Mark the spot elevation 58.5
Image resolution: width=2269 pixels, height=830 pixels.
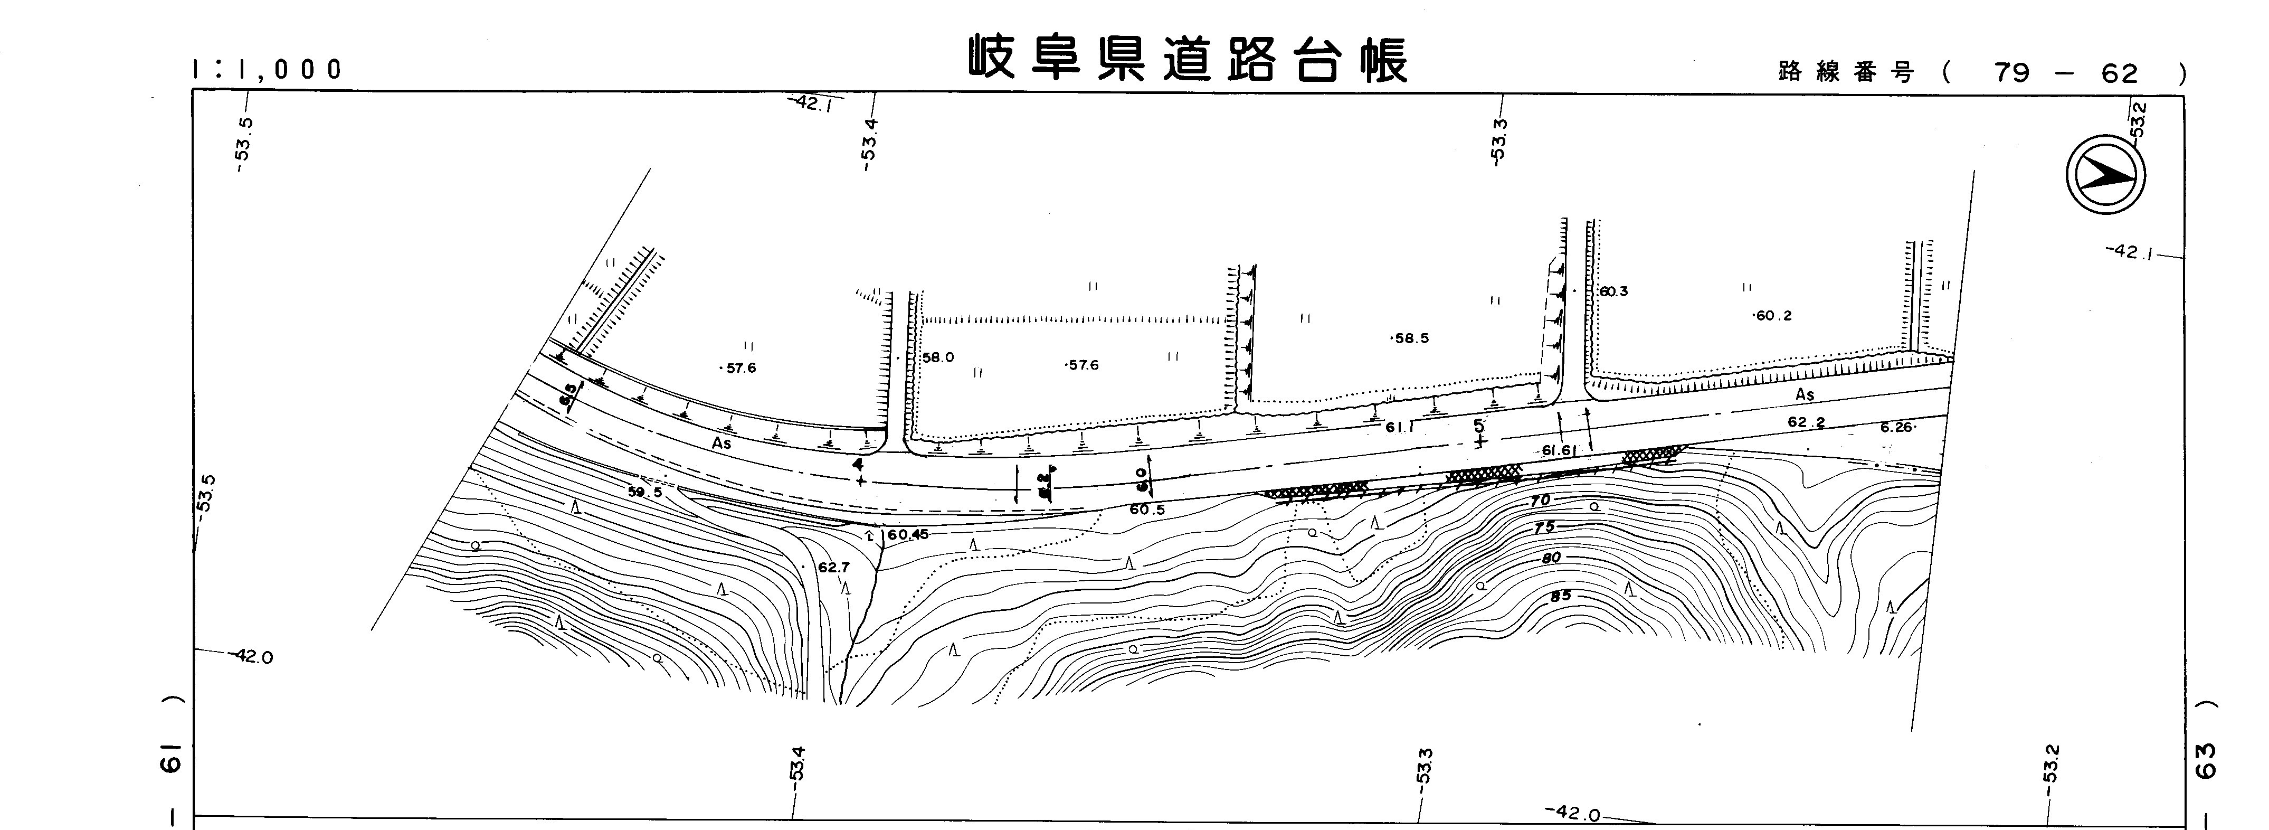coord(1411,338)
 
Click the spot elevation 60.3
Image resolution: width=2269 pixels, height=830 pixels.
coord(1613,291)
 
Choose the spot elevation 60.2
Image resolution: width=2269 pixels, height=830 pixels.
coord(1773,315)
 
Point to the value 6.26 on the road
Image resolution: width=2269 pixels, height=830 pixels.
coord(1896,427)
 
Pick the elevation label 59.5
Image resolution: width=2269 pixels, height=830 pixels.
coord(645,493)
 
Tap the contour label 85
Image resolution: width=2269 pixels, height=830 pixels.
coord(1560,596)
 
